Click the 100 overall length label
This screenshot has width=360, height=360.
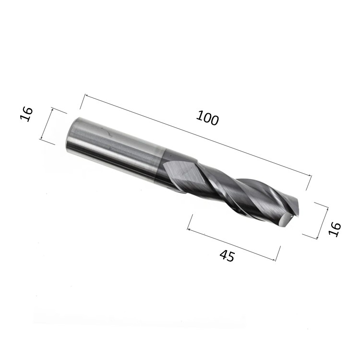pyautogui.click(x=207, y=118)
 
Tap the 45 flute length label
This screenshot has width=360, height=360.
pyautogui.click(x=228, y=256)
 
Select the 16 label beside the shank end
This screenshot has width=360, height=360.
pyautogui.click(x=26, y=114)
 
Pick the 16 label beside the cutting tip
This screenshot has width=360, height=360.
pyautogui.click(x=335, y=229)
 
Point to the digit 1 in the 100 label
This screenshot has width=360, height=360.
pyautogui.click(x=200, y=115)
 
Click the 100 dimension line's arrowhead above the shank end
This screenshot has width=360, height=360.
pyautogui.click(x=87, y=96)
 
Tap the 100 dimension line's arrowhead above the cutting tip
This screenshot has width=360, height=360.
pyautogui.click(x=309, y=176)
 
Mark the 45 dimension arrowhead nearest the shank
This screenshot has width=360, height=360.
pyautogui.click(x=190, y=229)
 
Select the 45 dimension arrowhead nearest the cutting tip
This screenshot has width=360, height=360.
pyautogui.click(x=273, y=260)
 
